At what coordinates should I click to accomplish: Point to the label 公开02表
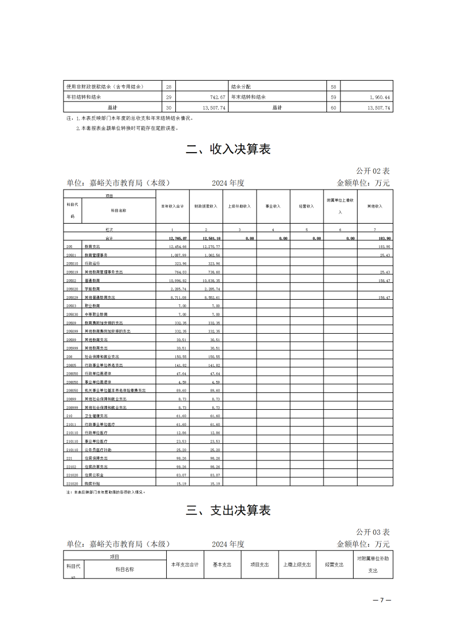coord(373,171)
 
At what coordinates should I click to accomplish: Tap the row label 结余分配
coord(241,87)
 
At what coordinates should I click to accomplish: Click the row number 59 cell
coord(333,97)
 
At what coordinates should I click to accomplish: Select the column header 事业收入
coord(273,206)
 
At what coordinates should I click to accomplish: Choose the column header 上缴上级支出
coord(297,565)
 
